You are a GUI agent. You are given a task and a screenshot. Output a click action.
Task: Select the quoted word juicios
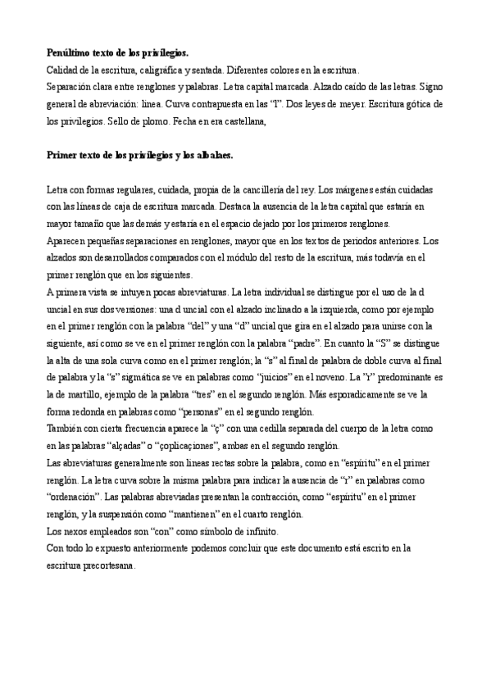click(250, 375)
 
